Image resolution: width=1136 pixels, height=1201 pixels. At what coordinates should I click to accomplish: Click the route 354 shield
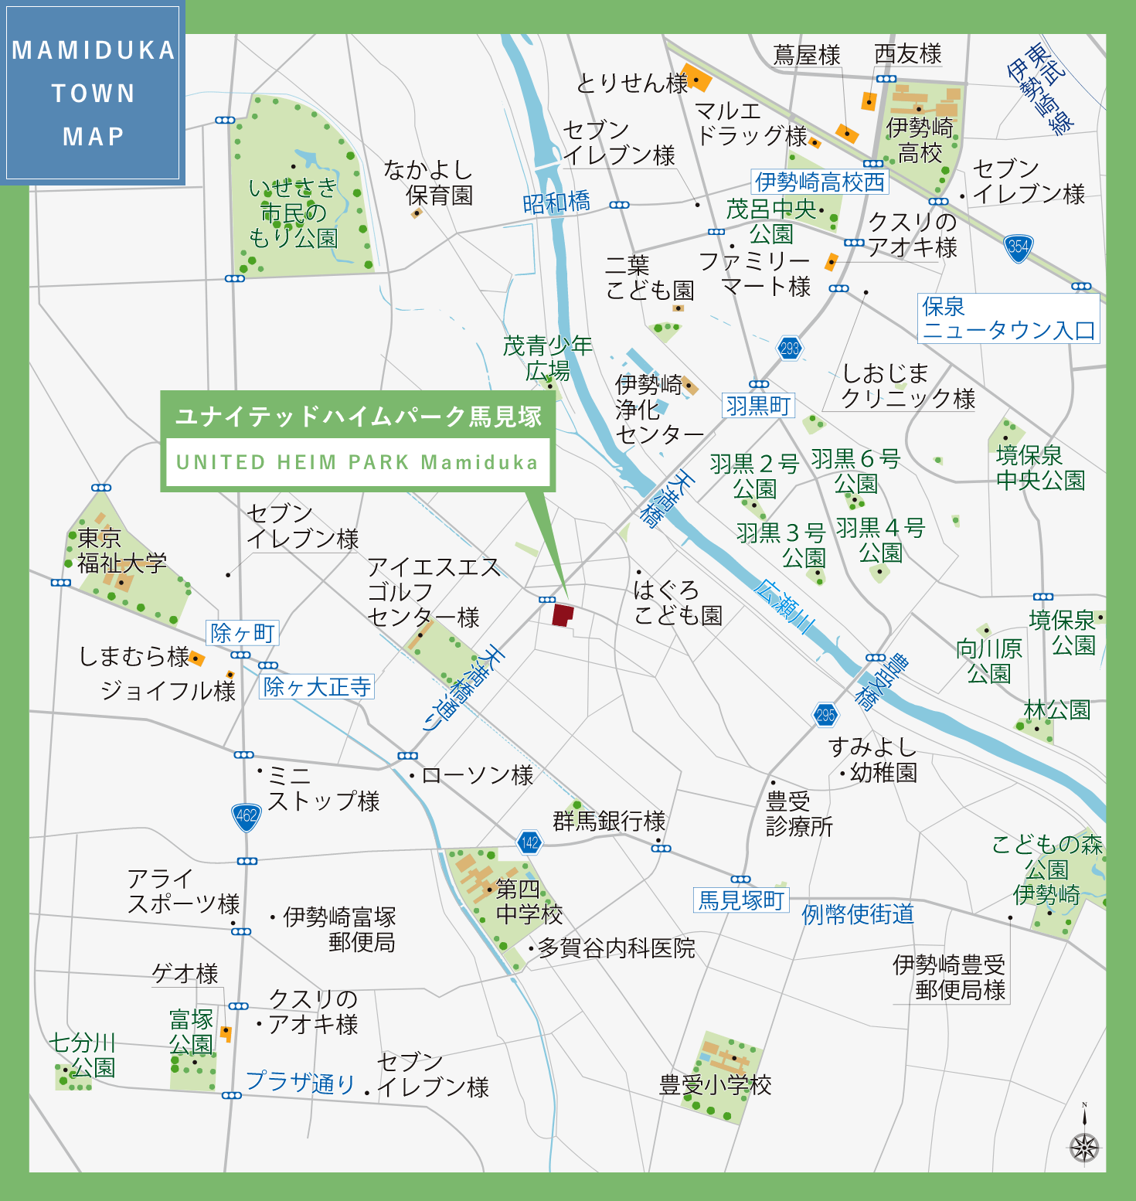(1019, 247)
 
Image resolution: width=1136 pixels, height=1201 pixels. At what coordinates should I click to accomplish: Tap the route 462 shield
(247, 816)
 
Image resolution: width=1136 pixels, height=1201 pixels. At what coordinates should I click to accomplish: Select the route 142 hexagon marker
(529, 842)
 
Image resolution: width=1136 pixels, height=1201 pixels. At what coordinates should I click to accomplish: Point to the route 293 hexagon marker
(789, 349)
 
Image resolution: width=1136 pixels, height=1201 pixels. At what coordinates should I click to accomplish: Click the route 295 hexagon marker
(825, 715)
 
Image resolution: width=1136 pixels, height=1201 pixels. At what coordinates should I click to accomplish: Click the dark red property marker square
(563, 615)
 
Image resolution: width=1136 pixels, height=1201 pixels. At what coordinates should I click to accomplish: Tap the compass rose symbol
(1084, 1146)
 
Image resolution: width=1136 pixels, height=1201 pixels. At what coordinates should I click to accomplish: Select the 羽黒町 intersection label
(759, 406)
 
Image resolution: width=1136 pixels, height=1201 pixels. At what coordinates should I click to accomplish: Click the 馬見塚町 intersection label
(741, 900)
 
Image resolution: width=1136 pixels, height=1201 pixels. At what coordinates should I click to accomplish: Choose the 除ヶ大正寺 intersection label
(317, 686)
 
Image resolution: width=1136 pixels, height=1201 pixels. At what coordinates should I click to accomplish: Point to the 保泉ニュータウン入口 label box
(1008, 318)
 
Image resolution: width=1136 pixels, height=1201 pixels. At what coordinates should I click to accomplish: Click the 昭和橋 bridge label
(556, 202)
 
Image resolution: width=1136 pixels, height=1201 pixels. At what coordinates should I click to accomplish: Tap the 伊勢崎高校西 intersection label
(819, 182)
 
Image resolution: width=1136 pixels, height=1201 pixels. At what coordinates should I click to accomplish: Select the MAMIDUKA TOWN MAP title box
(93, 93)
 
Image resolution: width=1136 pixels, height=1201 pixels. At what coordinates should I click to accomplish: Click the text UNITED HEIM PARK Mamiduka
(357, 462)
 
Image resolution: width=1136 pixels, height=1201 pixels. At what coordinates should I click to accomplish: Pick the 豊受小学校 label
(715, 1085)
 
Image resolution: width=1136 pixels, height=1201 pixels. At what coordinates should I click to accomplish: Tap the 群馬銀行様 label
(609, 821)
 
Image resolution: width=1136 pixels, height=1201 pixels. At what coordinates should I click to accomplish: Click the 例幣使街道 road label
(858, 914)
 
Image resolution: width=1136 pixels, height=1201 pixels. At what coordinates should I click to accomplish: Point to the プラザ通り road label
(300, 1082)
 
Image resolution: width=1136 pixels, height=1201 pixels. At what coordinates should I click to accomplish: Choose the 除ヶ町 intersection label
(243, 633)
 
